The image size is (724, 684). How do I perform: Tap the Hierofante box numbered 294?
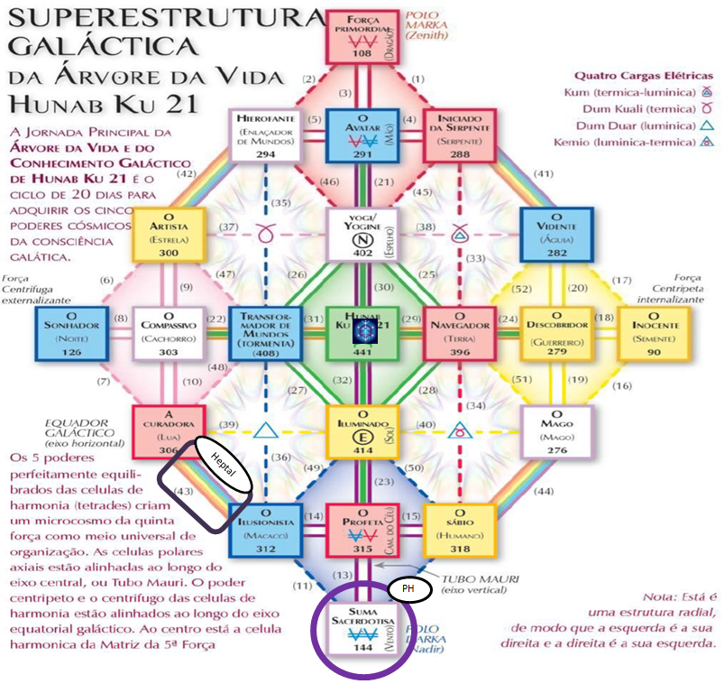[266, 135]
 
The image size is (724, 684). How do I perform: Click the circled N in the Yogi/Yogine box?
[361, 242]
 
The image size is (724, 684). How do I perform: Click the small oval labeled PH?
[408, 589]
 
